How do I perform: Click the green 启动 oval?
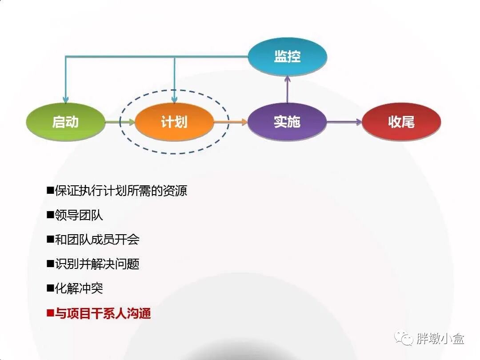coord(65,121)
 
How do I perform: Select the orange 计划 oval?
coord(174,121)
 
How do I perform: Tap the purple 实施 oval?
coord(287,121)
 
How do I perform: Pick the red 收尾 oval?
coord(401,121)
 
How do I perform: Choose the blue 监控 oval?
coord(287,56)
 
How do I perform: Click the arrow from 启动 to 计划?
coord(120,122)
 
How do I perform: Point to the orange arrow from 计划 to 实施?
coord(230,122)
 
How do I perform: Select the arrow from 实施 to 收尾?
coord(344,122)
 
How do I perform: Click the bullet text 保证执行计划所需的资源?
coord(121,191)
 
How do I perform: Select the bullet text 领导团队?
coord(79,216)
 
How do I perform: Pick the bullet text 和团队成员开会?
coord(97,240)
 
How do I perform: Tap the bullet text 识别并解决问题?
coord(97,264)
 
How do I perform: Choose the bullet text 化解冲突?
coord(79,288)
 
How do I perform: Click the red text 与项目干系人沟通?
coord(103,313)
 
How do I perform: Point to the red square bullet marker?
coord(50,313)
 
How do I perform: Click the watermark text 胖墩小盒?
coord(440,339)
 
